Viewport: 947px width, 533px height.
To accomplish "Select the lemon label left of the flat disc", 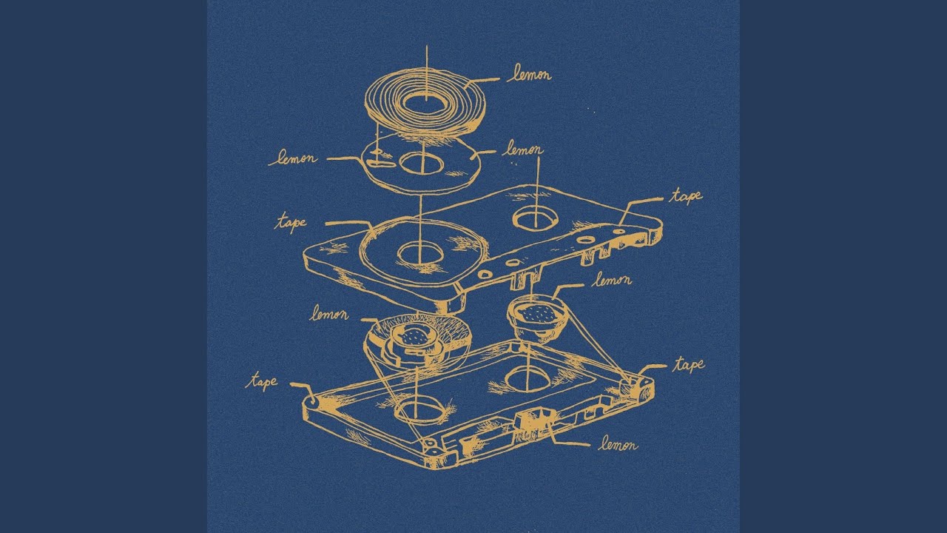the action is point(292,158).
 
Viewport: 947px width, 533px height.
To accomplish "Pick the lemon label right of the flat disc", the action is point(522,150).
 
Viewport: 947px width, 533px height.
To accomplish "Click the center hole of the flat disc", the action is point(422,164).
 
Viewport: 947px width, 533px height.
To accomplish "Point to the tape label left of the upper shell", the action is point(291,223).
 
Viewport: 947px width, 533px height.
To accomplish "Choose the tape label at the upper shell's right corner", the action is point(685,197).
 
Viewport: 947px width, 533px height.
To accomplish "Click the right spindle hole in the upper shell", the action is point(535,219).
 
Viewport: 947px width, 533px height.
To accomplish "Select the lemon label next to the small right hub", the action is point(611,280).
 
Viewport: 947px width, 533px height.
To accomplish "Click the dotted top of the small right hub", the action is point(537,313).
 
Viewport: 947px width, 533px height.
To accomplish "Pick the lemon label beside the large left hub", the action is point(329,313).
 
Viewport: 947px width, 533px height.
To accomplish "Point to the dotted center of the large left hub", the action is point(414,337).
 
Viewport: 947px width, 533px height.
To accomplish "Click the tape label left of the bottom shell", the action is point(262,382).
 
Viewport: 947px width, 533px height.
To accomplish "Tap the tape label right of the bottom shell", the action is point(689,365).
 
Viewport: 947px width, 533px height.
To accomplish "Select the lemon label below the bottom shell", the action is point(618,445).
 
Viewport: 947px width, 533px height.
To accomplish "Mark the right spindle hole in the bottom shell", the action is point(528,378).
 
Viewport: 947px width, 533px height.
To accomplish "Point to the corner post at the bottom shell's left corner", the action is point(312,400).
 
